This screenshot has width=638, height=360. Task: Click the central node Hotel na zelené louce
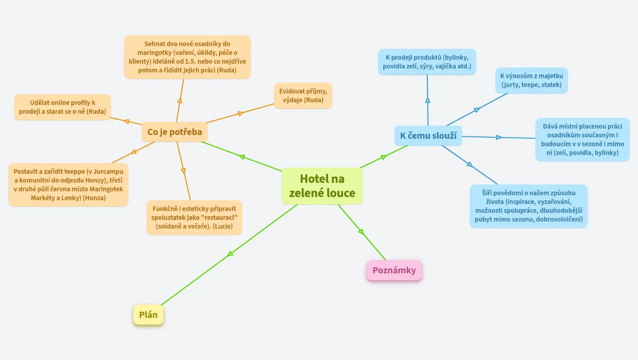coord(322,186)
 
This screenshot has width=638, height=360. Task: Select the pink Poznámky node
coord(394,270)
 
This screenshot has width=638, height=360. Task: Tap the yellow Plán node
coord(148,315)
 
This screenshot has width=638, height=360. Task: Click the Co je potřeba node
coord(175,132)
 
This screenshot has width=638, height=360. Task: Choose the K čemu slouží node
coord(428,136)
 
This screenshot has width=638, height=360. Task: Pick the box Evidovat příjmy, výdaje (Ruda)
coord(303,96)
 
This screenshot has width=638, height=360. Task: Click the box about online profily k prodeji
coord(62,107)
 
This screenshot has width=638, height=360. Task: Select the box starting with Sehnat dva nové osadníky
coord(187,57)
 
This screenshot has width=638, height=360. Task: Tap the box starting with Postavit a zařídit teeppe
coord(68,185)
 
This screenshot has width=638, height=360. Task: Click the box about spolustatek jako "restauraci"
coord(194,218)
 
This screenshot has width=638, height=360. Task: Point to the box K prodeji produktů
coord(427,62)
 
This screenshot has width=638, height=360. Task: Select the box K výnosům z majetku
coord(531,80)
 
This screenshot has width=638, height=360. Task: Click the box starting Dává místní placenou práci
coord(582,140)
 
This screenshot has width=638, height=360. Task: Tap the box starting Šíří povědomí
coord(528,206)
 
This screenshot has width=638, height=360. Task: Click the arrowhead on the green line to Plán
coord(230,254)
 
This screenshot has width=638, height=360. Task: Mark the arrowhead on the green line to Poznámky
coord(361,231)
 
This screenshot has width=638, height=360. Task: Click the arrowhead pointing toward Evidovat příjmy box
coord(241,113)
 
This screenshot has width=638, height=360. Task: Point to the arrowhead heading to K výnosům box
coord(477,110)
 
